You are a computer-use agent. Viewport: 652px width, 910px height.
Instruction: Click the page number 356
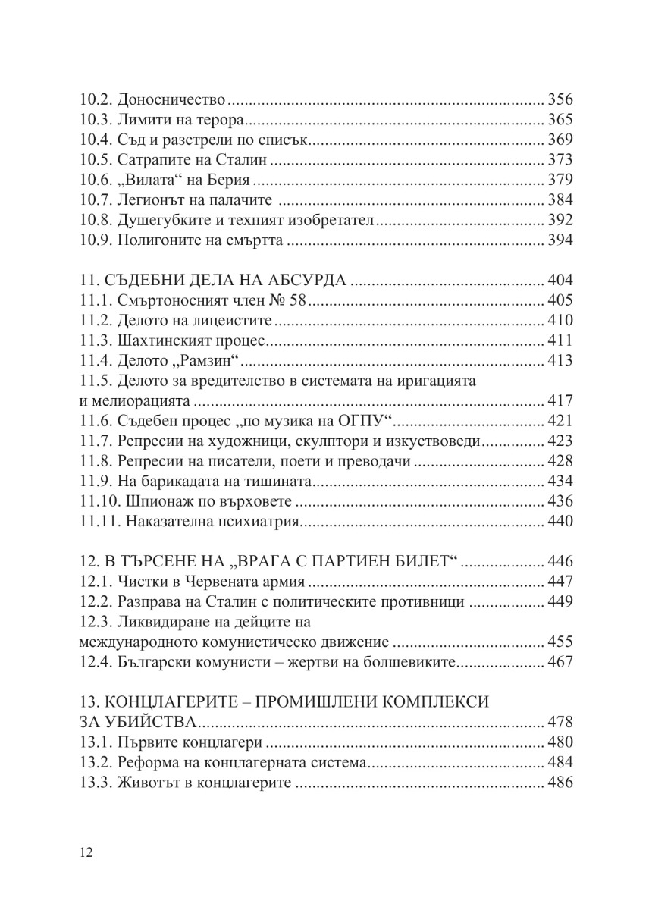point(560,100)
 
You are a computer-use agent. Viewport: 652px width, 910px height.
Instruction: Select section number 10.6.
point(96,180)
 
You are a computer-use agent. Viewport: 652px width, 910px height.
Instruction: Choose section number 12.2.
point(96,602)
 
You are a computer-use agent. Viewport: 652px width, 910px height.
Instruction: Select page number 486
point(560,783)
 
